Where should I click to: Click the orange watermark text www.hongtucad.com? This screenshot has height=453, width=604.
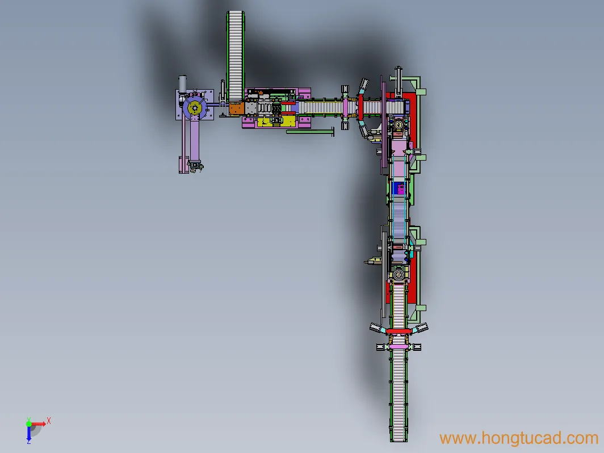tap(519, 438)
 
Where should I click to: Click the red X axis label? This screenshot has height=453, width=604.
tap(49, 421)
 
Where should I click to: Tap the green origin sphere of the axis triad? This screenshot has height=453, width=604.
tap(29, 424)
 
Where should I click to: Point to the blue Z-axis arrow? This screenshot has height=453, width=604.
tap(29, 433)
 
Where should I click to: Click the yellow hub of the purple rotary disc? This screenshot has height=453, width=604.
tap(195, 108)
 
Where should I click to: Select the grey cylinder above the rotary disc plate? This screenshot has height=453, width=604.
tap(183, 85)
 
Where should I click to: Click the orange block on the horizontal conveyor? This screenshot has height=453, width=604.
tap(237, 108)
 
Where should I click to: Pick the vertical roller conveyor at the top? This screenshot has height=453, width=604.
tap(236, 56)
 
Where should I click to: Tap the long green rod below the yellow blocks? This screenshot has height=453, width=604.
tap(310, 132)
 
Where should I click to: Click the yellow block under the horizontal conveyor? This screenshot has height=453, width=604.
tap(276, 122)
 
